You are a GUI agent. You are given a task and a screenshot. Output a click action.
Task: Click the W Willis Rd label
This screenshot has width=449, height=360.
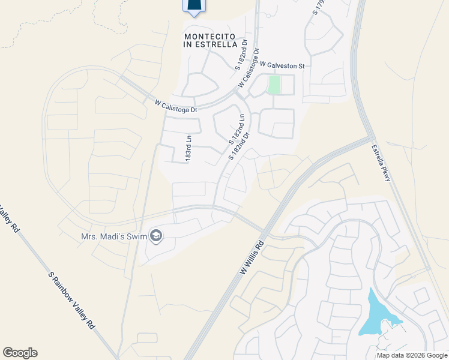click(x=252, y=259)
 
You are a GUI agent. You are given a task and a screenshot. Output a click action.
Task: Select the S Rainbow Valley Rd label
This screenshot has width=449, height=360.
click(x=72, y=300)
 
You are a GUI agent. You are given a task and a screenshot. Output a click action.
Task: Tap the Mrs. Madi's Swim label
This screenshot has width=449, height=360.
click(x=114, y=236)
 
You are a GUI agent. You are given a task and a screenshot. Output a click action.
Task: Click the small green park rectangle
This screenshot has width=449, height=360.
click(x=274, y=85)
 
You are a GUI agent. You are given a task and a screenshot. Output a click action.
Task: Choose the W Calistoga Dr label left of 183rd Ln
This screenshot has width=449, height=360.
click(x=175, y=106)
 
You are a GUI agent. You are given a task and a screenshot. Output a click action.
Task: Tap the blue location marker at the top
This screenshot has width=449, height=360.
click(x=193, y=6)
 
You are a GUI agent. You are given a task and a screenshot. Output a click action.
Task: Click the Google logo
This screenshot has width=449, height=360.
click(x=20, y=353)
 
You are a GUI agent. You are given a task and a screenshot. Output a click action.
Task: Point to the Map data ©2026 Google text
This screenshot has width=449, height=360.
click(x=412, y=355)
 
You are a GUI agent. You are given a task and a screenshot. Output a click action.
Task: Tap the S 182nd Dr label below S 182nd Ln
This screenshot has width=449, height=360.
click(x=238, y=146)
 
